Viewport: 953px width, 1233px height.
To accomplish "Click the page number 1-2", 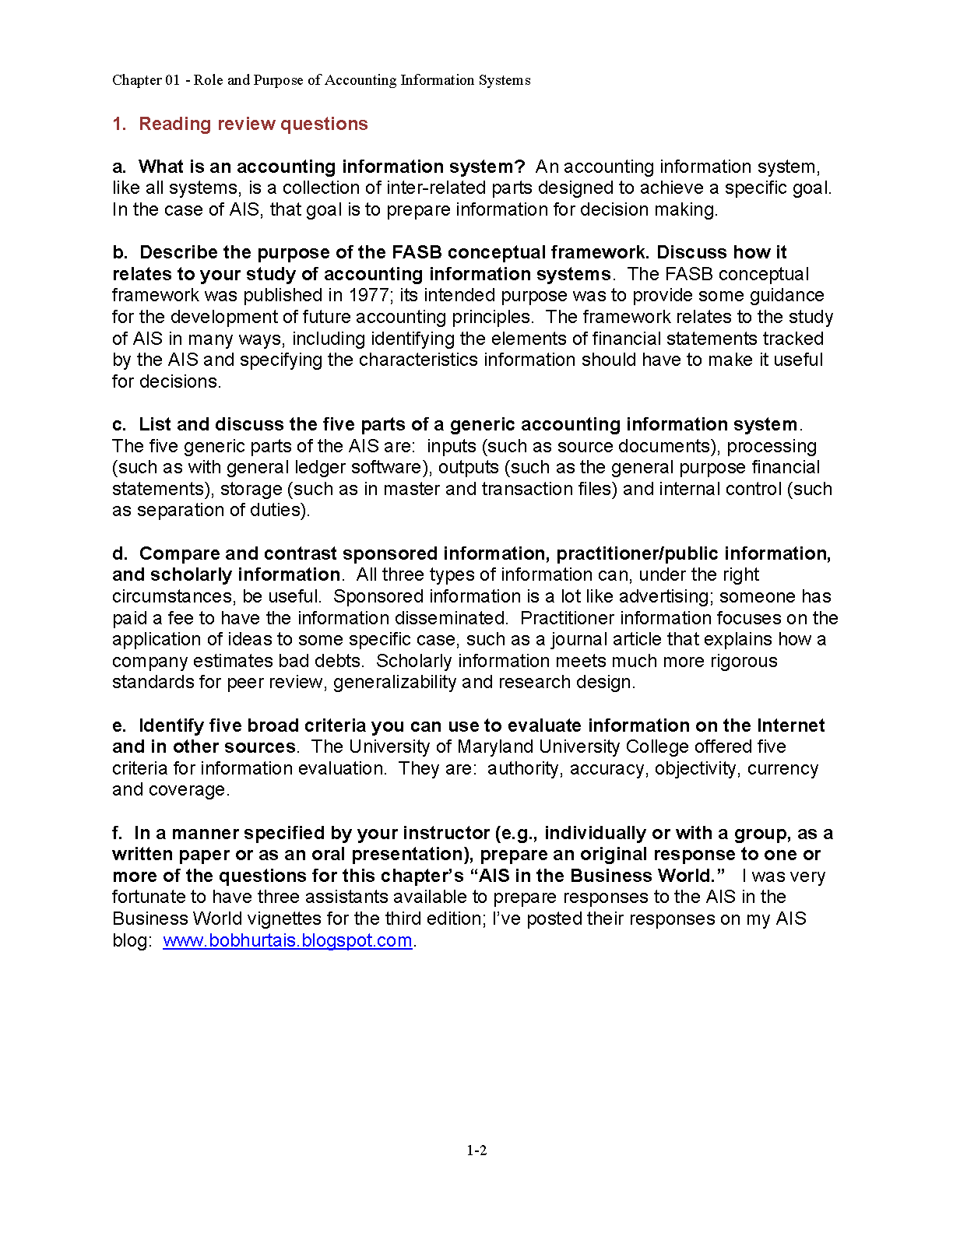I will (476, 1150).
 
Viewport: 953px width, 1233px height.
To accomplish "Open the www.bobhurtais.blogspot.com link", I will (287, 940).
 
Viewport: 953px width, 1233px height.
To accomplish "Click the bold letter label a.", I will (118, 167).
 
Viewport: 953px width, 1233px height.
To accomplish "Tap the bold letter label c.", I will (118, 424).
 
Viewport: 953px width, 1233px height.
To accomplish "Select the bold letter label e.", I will (118, 725).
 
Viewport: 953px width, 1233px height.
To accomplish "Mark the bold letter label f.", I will (117, 833).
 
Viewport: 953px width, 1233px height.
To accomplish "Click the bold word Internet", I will (790, 725).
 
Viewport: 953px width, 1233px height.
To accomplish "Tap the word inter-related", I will (436, 188).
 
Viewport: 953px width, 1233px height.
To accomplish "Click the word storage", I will (251, 489).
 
